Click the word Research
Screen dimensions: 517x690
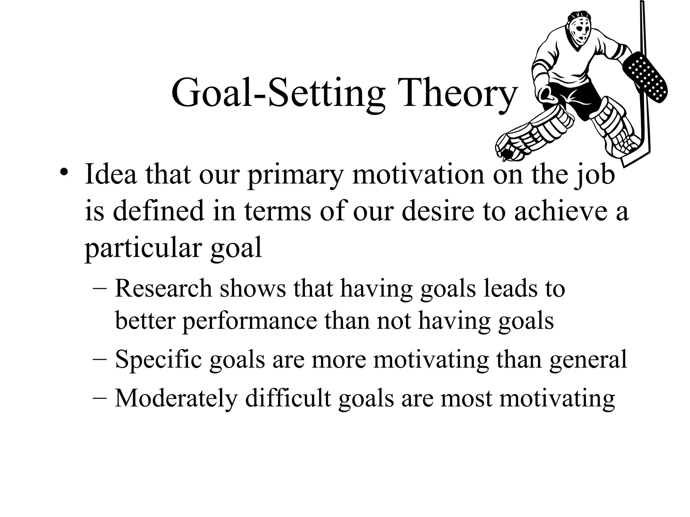(163, 289)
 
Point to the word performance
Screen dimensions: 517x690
(250, 321)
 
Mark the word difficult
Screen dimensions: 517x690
(288, 399)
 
